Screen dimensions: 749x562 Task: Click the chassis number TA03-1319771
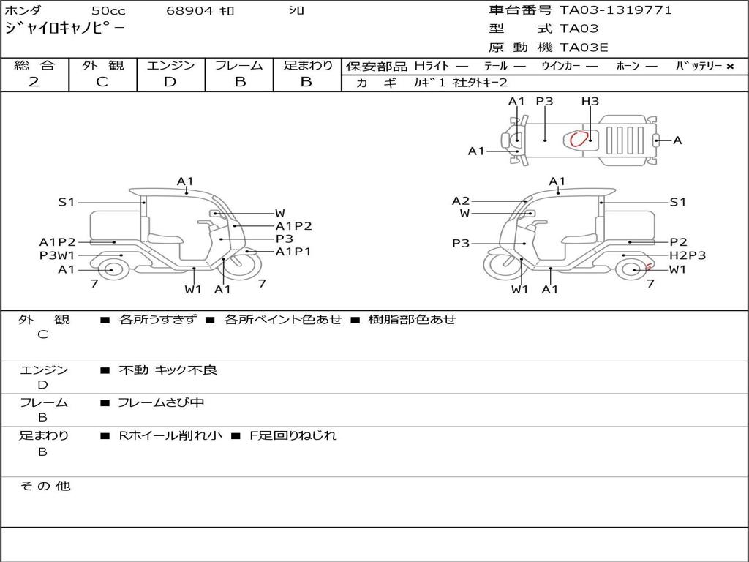click(615, 10)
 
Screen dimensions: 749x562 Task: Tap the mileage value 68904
click(190, 11)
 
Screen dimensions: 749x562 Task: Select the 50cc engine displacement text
click(108, 11)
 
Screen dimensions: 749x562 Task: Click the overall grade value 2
click(34, 82)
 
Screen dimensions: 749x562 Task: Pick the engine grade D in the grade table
click(170, 82)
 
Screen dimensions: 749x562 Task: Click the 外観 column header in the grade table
click(102, 66)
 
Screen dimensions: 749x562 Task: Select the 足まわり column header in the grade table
click(307, 66)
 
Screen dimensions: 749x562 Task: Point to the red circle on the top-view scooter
click(579, 138)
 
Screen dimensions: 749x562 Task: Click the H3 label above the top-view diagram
click(590, 102)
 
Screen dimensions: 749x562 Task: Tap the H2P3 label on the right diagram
click(688, 255)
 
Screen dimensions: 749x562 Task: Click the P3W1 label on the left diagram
click(57, 255)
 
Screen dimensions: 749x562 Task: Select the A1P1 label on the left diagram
click(293, 252)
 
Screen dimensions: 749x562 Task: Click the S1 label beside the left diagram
click(67, 202)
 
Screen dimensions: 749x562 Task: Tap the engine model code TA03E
click(584, 48)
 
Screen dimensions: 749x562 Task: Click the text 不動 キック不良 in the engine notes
click(168, 370)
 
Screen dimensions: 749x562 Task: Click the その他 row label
click(45, 486)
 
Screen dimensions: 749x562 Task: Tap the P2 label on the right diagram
click(678, 242)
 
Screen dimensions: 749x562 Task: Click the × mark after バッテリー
click(730, 67)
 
